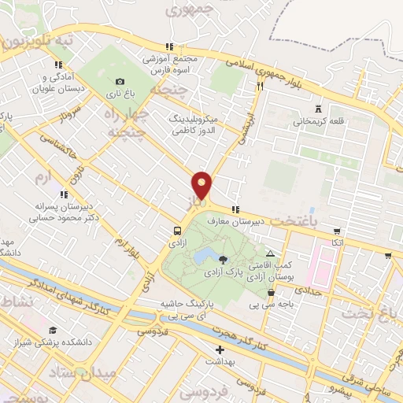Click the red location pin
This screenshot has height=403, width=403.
click(x=202, y=186)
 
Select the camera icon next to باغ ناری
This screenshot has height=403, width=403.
click(x=120, y=81)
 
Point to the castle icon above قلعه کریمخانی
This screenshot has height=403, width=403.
click(x=318, y=108)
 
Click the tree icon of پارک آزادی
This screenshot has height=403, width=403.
click(x=224, y=259)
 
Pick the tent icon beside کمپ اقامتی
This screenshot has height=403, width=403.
click(x=271, y=254)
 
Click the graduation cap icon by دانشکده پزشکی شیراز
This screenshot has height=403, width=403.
click(x=53, y=330)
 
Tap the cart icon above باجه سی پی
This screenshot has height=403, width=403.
click(x=271, y=293)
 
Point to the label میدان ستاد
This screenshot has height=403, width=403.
click(x=87, y=371)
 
